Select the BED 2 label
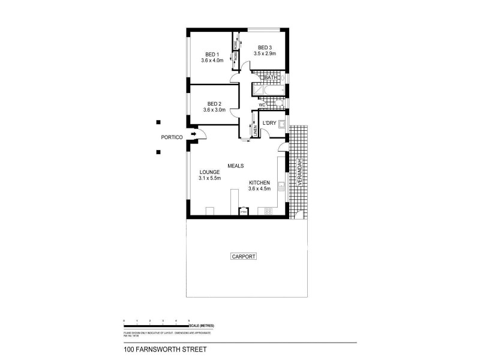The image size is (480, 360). pyautogui.click(x=214, y=103)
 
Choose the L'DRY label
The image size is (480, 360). pyautogui.click(x=268, y=123)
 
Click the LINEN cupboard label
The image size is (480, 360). pyautogui.click(x=254, y=130)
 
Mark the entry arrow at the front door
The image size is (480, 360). pyautogui.click(x=193, y=134)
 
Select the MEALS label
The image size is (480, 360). pyautogui.click(x=235, y=166)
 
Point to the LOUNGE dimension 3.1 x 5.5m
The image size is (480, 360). pyautogui.click(x=210, y=178)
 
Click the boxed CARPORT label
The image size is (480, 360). pyautogui.click(x=243, y=256)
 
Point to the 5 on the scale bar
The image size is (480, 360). pyautogui.click(x=190, y=321)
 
